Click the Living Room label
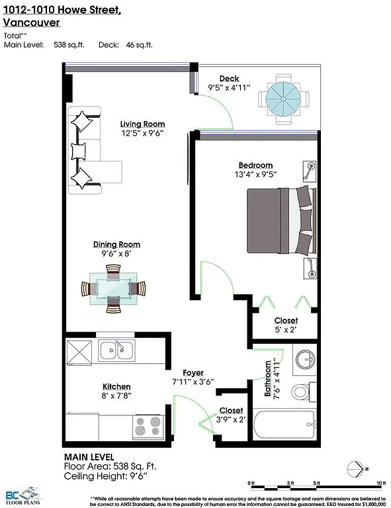pos(142,124)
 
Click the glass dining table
pos(114,288)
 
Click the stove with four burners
pos(146,427)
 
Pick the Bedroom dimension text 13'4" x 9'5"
pos(255,175)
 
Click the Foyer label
pos(193,372)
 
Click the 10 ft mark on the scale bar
pos(379,484)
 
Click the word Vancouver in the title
pos(31,22)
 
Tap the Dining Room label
pos(116,244)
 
